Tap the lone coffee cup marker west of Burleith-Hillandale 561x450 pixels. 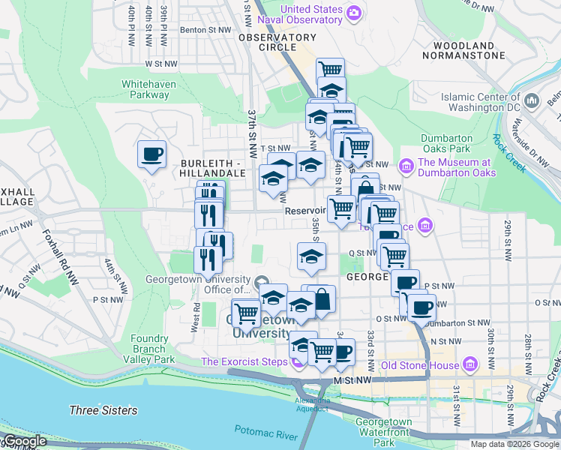tap(151, 154)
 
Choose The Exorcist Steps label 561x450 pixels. tap(244, 363)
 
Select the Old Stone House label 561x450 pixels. tap(419, 365)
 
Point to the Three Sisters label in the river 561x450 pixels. tap(103, 410)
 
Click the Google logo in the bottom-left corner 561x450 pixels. tap(25, 441)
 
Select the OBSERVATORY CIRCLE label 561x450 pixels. tap(277, 42)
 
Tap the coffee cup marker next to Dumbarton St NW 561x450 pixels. tap(421, 307)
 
